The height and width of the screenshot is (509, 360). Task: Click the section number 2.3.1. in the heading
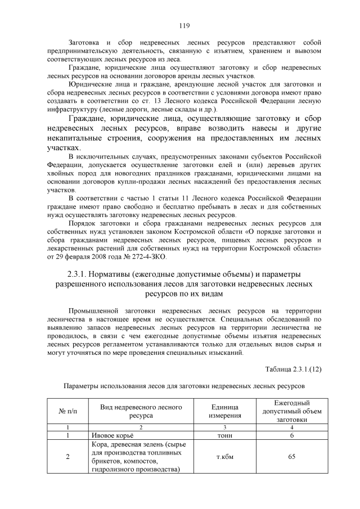click(x=75, y=273)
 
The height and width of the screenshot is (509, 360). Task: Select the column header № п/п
click(x=67, y=412)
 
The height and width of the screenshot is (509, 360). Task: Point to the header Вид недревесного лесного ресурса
click(x=140, y=412)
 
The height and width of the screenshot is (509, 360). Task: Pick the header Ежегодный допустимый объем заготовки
click(x=291, y=412)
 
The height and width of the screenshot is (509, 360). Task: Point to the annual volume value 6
click(x=291, y=435)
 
